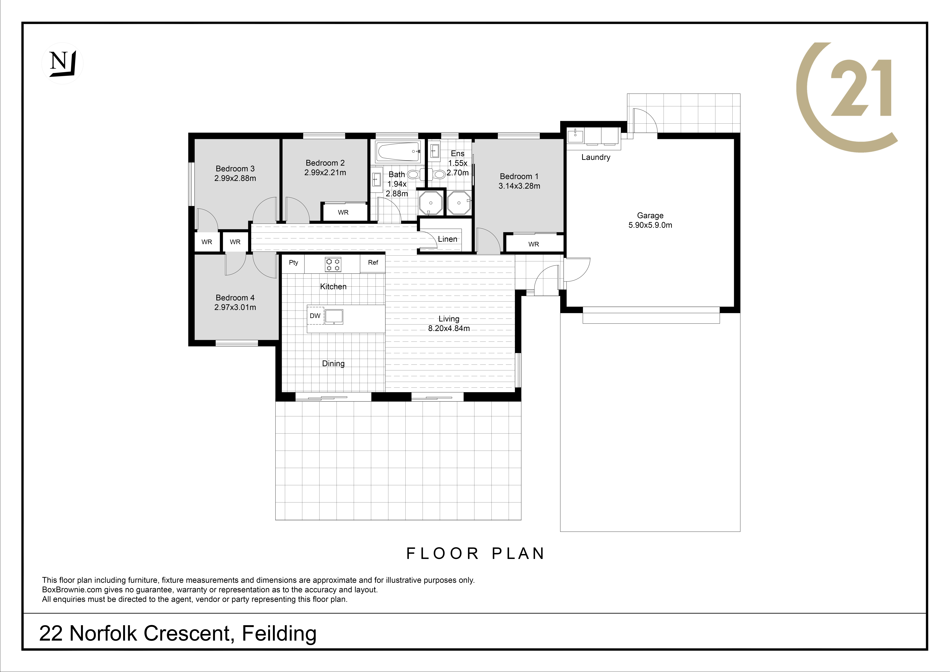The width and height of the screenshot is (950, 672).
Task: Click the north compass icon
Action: (x=62, y=63)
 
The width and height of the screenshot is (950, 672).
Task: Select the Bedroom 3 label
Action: (x=235, y=168)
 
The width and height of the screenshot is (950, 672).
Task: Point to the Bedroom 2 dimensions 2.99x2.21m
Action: (x=325, y=173)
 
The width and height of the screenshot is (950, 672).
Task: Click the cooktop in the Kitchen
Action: (x=333, y=264)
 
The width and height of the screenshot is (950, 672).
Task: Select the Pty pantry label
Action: (x=293, y=262)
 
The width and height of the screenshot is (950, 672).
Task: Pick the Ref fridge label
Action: (x=373, y=262)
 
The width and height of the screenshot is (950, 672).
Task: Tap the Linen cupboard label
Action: (x=447, y=239)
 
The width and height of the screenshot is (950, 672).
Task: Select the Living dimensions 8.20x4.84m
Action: (x=449, y=328)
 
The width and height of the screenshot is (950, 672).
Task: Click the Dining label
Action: (x=333, y=364)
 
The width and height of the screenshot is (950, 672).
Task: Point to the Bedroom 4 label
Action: (x=235, y=298)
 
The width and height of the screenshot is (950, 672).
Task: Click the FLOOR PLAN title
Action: (x=475, y=554)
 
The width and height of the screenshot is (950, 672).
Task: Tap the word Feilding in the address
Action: (x=279, y=633)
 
